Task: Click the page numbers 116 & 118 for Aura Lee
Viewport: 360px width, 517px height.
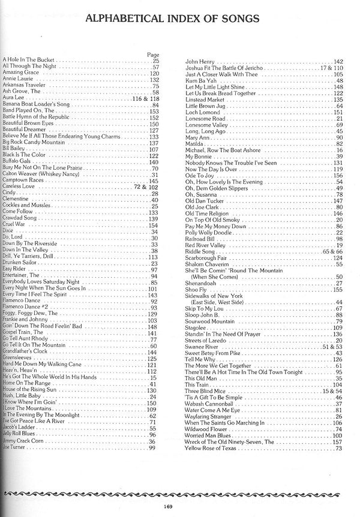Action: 145,98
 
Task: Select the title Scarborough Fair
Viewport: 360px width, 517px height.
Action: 208,258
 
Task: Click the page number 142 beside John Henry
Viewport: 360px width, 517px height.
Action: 338,61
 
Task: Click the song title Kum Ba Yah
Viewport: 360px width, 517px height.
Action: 200,80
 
